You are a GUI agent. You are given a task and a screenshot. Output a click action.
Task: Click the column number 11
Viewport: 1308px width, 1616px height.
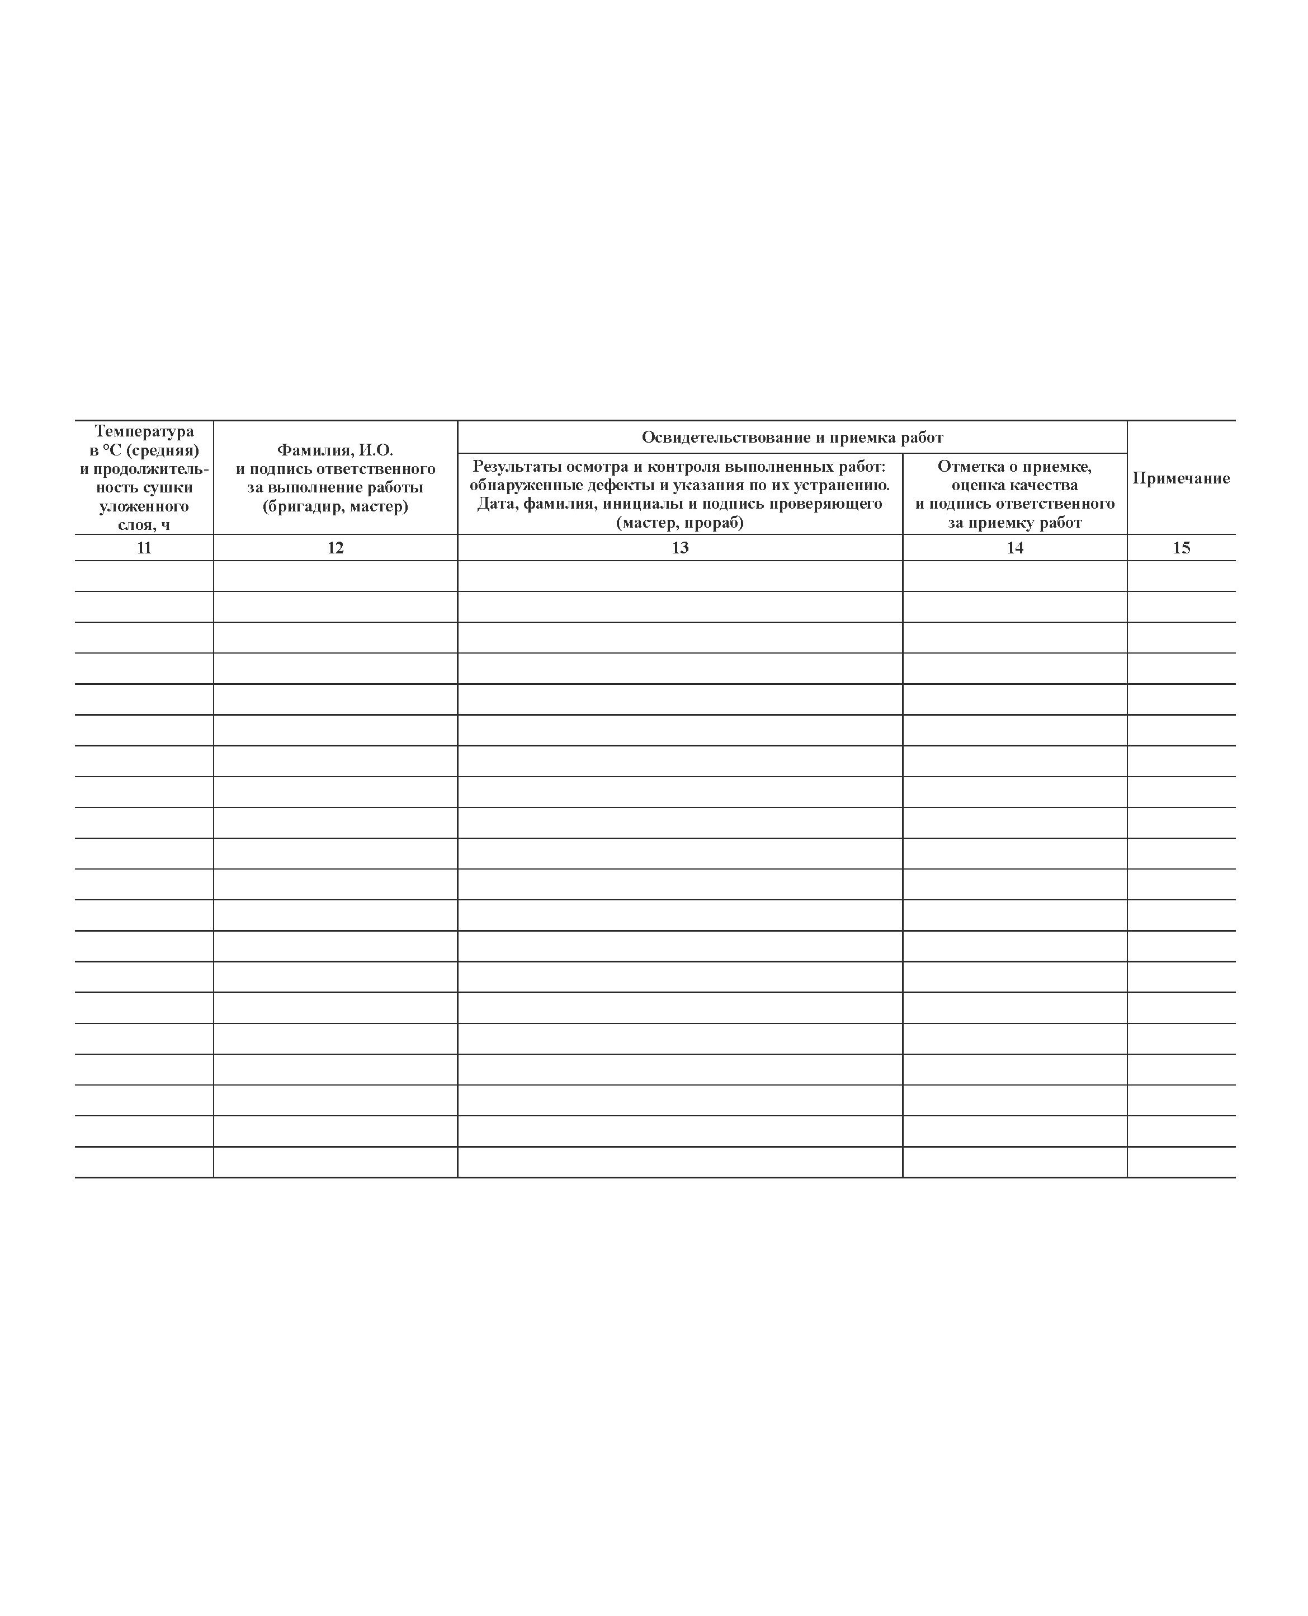point(144,548)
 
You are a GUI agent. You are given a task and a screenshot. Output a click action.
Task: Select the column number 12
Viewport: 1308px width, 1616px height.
point(336,548)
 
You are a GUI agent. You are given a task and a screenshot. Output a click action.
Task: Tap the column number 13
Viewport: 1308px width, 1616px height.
point(679,548)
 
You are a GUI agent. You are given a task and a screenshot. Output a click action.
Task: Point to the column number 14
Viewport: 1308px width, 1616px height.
point(1015,548)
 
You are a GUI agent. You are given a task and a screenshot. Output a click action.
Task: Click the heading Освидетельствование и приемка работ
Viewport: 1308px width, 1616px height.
point(792,437)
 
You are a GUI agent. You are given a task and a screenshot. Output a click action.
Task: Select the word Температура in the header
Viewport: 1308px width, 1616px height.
point(144,431)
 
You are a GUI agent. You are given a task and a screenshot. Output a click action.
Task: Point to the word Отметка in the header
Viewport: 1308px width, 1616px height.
point(968,466)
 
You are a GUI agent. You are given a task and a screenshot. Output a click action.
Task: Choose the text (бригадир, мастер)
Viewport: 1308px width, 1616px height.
point(336,506)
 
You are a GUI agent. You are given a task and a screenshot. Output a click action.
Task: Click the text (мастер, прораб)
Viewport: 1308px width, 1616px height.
point(679,522)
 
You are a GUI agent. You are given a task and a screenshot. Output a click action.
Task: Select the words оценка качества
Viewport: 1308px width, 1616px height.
point(1015,485)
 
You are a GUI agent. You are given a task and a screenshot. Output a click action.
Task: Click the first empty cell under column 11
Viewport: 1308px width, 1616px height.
point(144,576)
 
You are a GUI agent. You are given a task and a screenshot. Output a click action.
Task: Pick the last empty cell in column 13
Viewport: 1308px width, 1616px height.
point(679,1162)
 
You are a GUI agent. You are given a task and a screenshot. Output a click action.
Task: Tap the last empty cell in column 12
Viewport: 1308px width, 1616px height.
point(336,1162)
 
